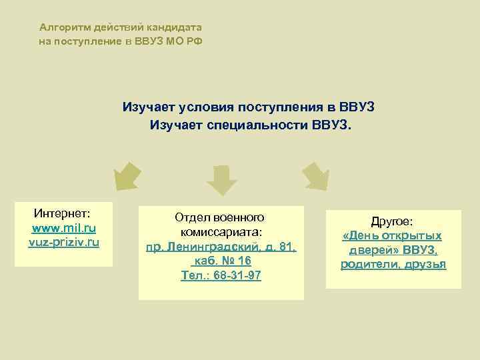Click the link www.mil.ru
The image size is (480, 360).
[x=64, y=228]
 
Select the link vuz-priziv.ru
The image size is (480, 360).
[x=64, y=242]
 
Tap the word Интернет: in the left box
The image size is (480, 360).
[x=63, y=213]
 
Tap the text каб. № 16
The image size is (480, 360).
[x=221, y=261]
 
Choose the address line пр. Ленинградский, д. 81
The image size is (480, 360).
[x=221, y=247]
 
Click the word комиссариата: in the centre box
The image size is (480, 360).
[x=221, y=232]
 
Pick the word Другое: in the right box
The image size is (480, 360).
[x=393, y=221]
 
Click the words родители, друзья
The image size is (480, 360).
[x=393, y=265]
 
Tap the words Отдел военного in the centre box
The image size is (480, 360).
[x=220, y=217]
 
